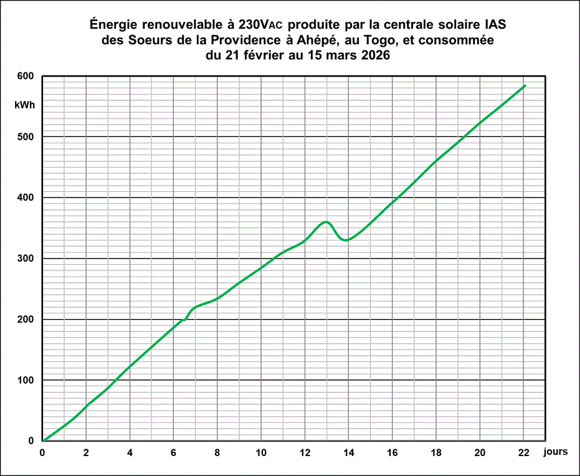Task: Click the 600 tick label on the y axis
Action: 25,76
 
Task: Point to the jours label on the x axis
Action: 554,452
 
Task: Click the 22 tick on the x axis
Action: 524,453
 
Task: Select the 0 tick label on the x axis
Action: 42,453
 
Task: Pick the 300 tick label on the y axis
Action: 25,259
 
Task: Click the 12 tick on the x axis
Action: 305,453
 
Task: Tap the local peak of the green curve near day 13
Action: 325,222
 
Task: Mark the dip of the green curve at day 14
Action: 347,240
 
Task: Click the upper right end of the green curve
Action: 525,85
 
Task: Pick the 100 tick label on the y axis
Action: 25,380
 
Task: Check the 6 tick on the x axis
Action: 174,453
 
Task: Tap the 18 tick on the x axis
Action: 436,453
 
